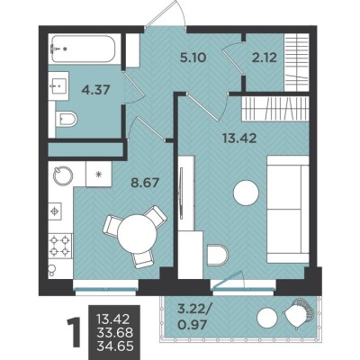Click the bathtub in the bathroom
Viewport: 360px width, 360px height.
[x=84, y=49]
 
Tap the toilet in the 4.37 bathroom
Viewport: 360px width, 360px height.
[x=67, y=119]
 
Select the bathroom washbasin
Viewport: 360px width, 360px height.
[x=58, y=85]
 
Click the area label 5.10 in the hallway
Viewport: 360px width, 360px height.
[x=193, y=57]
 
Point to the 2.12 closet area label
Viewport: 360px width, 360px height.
[x=265, y=57]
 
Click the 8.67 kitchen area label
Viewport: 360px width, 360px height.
[x=145, y=182]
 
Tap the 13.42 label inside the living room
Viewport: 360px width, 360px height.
[x=239, y=139]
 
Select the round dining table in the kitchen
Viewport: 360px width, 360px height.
[x=138, y=234]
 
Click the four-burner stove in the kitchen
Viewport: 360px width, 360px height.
[x=60, y=246]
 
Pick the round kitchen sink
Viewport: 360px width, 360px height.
[x=63, y=175]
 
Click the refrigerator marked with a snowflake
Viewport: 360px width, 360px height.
[x=98, y=175]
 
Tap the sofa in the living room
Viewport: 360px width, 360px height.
[x=288, y=209]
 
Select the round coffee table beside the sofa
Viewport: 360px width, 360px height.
[x=246, y=193]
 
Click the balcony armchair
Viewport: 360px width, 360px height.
[x=299, y=314]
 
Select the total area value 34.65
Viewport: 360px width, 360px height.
[x=115, y=346]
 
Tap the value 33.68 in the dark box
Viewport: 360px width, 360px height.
[x=115, y=332]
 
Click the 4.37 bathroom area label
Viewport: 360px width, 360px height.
[x=96, y=90]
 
